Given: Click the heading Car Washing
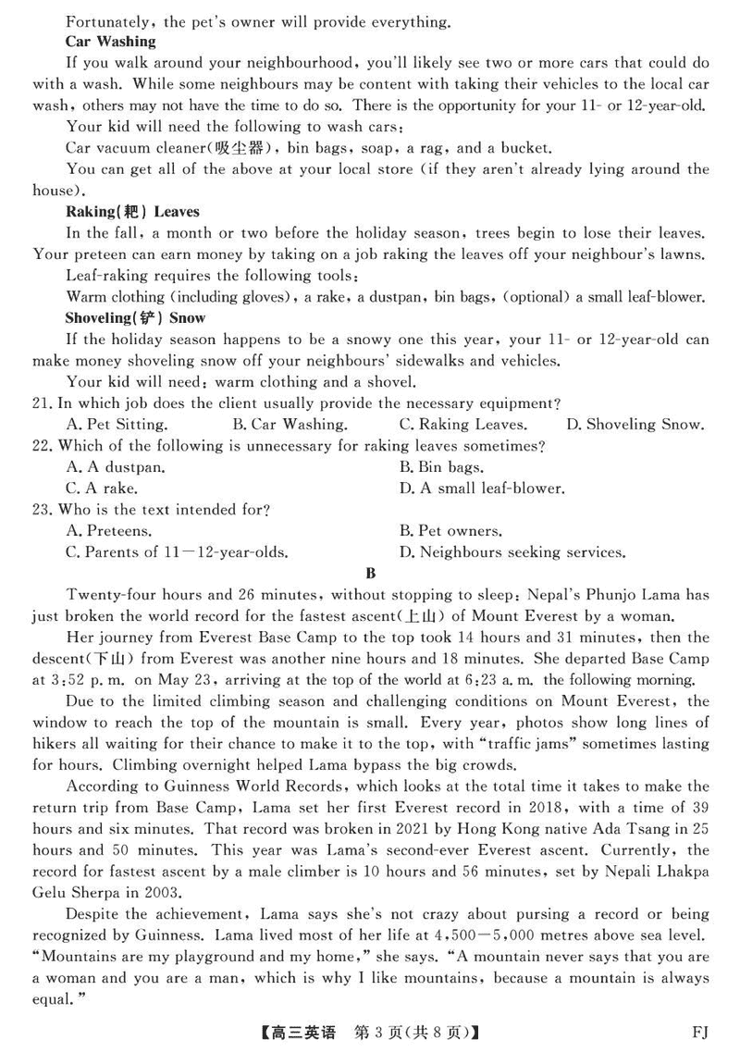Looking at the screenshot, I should point(111,42).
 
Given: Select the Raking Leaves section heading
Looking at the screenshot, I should point(132,212).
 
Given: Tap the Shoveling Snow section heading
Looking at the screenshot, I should point(123,318).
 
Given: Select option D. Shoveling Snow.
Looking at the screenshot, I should point(635,425).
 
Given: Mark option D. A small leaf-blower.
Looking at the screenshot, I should point(482,489).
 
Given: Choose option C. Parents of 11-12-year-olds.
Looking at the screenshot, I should point(177,552).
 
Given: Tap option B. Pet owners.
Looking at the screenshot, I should point(450,531).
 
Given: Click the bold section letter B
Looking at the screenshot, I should point(371,574).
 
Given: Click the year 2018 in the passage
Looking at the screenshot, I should point(569,808).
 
